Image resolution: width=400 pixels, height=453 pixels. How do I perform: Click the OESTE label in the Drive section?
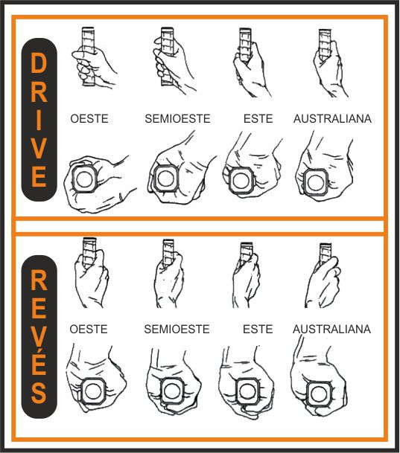[89, 119]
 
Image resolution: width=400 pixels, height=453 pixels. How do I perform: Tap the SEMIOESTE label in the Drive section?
[177, 119]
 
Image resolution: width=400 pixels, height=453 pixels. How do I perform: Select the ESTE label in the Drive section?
[258, 119]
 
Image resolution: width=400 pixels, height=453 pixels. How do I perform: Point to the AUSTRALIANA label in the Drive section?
[333, 119]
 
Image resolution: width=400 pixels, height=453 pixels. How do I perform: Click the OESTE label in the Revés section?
[89, 329]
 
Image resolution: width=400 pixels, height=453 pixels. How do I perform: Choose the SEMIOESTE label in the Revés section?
[177, 329]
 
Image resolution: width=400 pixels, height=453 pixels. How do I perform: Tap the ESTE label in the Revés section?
[258, 329]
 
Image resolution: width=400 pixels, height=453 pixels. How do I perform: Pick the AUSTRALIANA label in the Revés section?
[331, 329]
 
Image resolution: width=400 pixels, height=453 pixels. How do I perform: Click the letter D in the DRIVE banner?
[39, 63]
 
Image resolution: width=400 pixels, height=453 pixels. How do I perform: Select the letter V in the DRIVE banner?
[39, 148]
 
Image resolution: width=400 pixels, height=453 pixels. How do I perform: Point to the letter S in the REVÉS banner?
[39, 392]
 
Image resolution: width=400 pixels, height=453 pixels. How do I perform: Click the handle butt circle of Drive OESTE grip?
[84, 179]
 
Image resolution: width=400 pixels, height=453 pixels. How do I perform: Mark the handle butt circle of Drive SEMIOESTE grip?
[165, 179]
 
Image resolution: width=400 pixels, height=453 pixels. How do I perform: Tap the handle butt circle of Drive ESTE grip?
[241, 180]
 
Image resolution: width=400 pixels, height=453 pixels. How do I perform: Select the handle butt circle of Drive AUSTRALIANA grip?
[316, 182]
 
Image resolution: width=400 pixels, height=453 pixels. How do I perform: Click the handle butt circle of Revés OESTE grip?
[93, 391]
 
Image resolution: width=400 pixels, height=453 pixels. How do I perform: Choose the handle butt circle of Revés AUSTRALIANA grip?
[319, 393]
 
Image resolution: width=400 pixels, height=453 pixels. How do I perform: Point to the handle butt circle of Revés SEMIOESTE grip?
[172, 391]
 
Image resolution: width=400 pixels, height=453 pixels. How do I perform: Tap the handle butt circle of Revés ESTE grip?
[247, 391]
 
